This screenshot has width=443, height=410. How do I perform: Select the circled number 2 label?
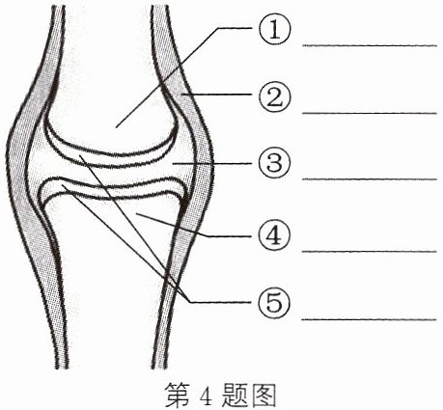pyautogui.click(x=274, y=96)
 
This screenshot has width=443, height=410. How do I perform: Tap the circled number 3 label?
pyautogui.click(x=274, y=163)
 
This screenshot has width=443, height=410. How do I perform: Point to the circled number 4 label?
pyautogui.click(x=274, y=235)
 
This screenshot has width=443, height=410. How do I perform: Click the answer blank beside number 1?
pyautogui.click(x=370, y=45)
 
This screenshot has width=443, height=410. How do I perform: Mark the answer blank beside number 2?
pyautogui.click(x=370, y=113)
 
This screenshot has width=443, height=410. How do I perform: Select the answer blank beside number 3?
pyautogui.click(x=370, y=179)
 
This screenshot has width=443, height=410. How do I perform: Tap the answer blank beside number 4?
pyautogui.click(x=370, y=252)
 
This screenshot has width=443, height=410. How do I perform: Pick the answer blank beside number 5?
pyautogui.click(x=370, y=319)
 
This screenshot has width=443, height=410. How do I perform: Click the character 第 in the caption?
pyautogui.click(x=178, y=395)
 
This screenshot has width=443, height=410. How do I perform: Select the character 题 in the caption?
pyautogui.click(x=234, y=395)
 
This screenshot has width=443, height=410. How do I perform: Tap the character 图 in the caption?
pyautogui.click(x=263, y=395)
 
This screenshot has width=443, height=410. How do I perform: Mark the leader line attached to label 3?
pyautogui.click(x=211, y=163)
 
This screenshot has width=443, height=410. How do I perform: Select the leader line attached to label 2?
pyautogui.click(x=216, y=95)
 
